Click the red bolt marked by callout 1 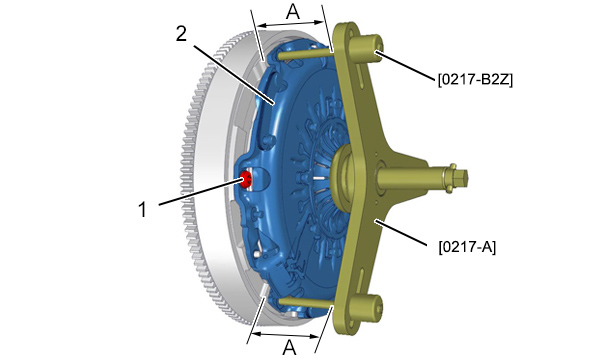tap(247, 180)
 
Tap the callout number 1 tap(143, 209)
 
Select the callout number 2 tap(181, 34)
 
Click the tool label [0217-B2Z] tap(475, 80)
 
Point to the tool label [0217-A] tap(467, 247)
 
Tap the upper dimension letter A tap(293, 12)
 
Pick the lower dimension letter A tap(289, 347)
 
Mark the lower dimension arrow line tap(285, 335)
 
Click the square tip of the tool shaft tap(463, 177)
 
